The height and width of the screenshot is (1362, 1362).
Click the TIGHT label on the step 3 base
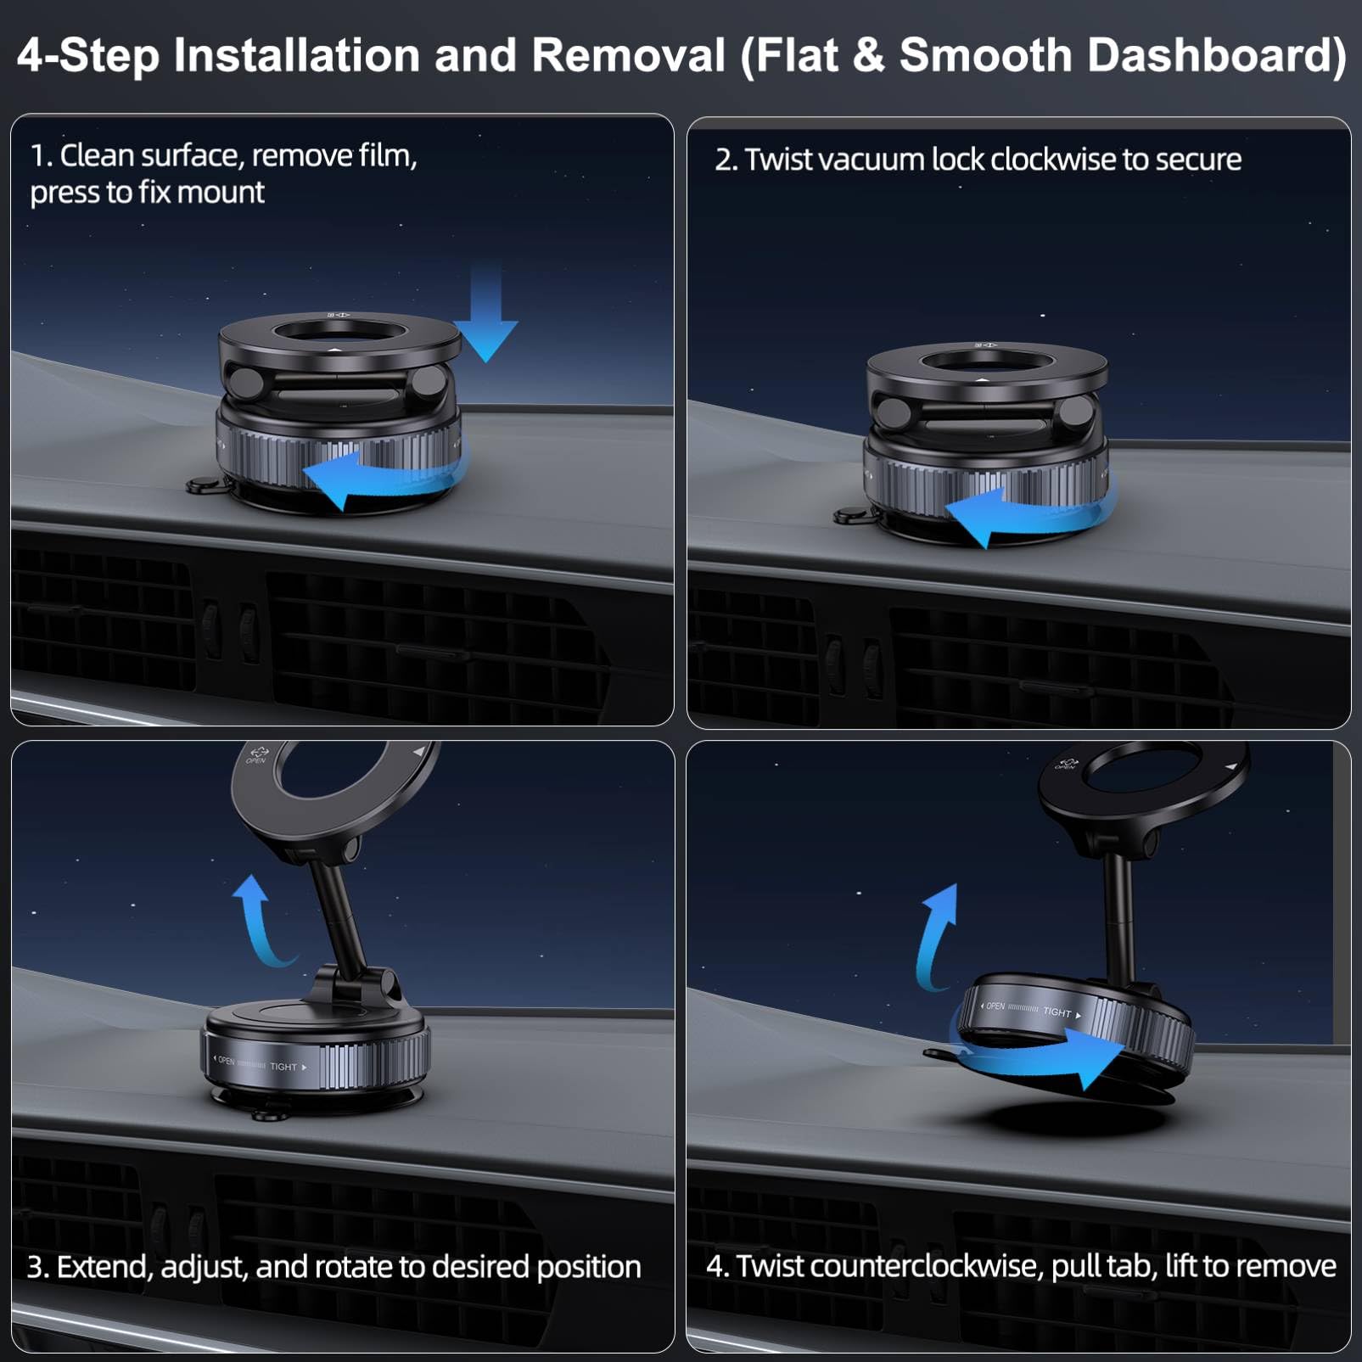click(283, 1067)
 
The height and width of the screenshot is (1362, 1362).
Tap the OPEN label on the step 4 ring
click(995, 1006)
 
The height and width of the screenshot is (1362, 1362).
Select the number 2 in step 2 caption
click(722, 160)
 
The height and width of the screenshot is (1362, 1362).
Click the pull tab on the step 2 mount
click(849, 516)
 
